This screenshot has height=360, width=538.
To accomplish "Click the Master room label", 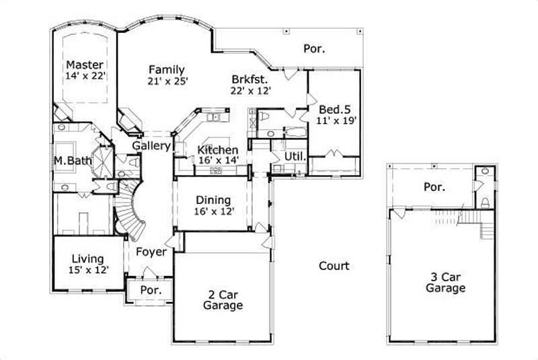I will tap(85, 65).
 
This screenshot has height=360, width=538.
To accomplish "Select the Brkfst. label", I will tap(249, 78).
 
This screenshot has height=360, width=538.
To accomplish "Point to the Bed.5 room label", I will tap(334, 109).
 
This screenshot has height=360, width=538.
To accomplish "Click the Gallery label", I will tap(150, 145).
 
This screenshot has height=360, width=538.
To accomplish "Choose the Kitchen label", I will tap(217, 149).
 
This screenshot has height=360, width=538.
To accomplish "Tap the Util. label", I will tap(295, 156).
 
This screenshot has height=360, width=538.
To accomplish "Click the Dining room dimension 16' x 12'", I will tap(213, 212).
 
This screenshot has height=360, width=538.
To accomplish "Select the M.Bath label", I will tap(68, 161).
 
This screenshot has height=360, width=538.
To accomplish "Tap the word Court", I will tap(334, 266).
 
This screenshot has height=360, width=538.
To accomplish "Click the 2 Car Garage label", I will tap(222, 299).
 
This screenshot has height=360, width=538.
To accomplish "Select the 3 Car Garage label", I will tap(445, 282).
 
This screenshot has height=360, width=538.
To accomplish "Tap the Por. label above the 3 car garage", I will tap(434, 187).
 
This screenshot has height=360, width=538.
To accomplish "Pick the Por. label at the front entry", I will tap(149, 291).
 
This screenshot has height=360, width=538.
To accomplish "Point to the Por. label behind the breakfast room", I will tap(314, 48).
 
